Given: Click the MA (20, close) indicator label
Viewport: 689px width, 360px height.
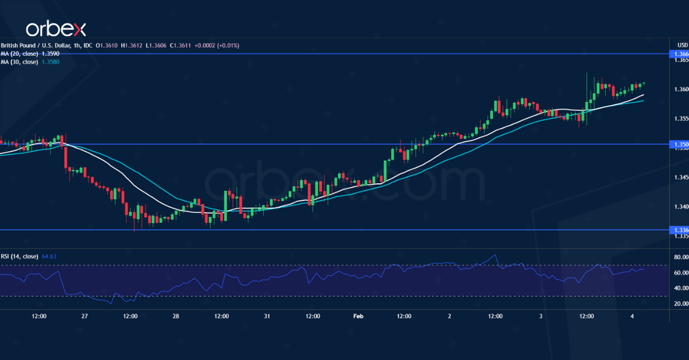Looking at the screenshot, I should tap(19, 53).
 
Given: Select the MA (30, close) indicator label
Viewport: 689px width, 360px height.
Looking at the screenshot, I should tap(19, 61).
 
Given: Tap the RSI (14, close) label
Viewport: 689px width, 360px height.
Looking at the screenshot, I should tap(19, 256).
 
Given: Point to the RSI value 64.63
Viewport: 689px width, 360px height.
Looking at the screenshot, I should tap(49, 256).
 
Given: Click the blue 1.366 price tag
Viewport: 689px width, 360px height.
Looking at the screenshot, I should tap(681, 54).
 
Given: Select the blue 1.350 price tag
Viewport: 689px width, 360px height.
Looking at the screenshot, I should tap(681, 145).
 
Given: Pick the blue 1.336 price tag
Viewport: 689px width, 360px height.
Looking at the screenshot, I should tap(681, 230).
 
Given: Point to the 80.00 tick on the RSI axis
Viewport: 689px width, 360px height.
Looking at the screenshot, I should tap(681, 257).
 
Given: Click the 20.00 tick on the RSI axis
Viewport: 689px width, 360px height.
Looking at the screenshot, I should tap(681, 304).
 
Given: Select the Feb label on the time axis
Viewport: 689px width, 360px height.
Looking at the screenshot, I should tap(358, 316).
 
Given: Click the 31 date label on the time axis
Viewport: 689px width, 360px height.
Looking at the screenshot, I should tap(267, 316).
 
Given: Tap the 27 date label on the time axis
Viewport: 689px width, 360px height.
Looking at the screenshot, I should tap(84, 316).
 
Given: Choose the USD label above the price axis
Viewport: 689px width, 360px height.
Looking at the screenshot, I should tap(682, 45).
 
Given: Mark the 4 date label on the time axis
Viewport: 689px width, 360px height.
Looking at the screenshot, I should tap(632, 316).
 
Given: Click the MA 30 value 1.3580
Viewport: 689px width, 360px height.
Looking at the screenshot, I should tap(50, 61).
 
